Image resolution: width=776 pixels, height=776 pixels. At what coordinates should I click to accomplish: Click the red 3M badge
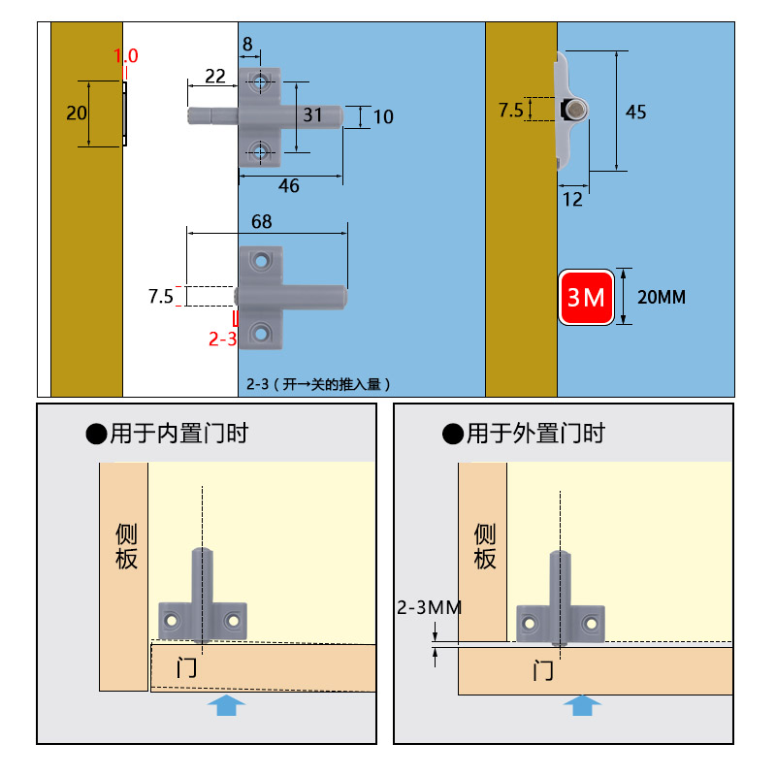coord(586,297)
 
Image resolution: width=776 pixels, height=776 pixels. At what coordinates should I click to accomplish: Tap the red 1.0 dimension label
coord(126,55)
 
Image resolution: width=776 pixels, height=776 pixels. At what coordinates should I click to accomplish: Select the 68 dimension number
coord(261,221)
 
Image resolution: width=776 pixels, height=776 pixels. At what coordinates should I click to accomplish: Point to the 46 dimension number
coord(288,185)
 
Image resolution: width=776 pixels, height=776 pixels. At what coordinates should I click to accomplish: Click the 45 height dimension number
coord(635,112)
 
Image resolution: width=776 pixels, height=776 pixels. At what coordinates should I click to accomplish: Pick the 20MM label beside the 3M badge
coord(662,297)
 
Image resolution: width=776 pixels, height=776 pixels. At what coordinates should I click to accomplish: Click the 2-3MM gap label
coord(429,607)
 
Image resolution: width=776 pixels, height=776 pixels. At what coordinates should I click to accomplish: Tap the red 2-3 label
coord(222,339)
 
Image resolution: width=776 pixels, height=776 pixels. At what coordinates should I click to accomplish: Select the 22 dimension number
coord(214,76)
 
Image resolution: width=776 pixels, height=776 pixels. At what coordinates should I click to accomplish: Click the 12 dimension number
coord(572,200)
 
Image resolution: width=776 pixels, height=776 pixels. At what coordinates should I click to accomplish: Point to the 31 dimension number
coord(312,114)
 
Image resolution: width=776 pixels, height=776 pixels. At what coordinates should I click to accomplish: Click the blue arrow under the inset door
coord(226,705)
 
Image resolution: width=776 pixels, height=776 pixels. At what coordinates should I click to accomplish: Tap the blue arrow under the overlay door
coord(582,705)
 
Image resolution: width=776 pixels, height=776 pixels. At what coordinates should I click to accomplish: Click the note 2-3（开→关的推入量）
coord(318,384)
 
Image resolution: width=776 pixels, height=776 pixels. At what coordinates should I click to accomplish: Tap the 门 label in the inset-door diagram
coord(186,667)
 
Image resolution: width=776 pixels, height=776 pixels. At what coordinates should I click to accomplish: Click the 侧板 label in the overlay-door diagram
coord(484,546)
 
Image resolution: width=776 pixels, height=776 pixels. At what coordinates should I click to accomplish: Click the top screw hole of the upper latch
coord(260,81)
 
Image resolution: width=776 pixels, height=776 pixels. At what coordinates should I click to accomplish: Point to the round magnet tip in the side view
coord(575,110)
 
